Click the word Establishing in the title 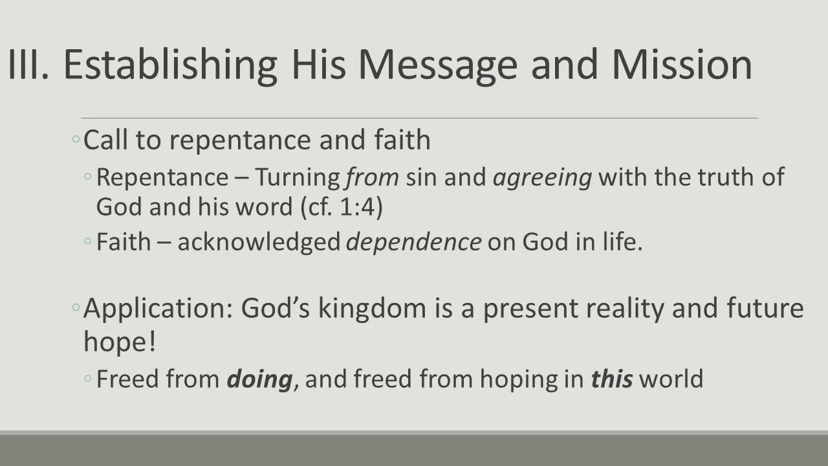[x=170, y=65]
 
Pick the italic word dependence [x=414, y=242]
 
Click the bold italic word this [x=611, y=379]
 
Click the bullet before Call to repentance [x=76, y=140]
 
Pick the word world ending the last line [x=671, y=379]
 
